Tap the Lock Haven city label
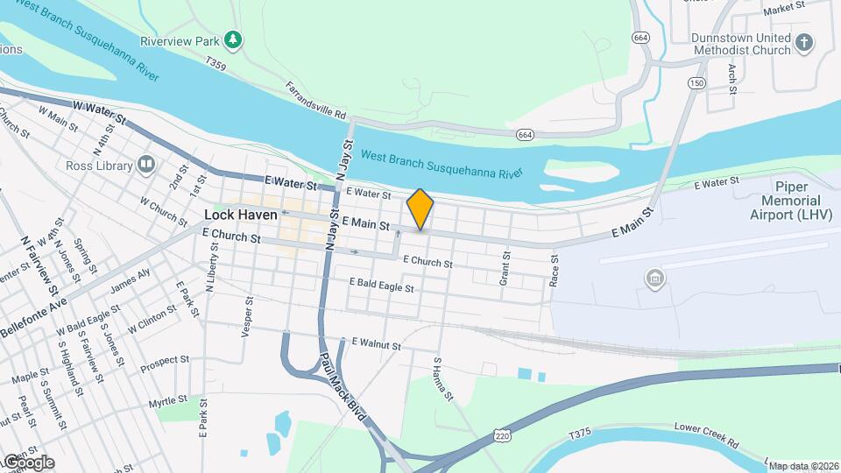tap(240, 215)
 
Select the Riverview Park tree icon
tap(232, 39)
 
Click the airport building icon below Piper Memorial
tap(654, 279)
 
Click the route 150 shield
tap(696, 83)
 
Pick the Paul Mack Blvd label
tap(341, 386)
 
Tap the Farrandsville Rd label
tap(316, 101)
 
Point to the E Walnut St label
tap(376, 344)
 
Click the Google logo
tap(29, 462)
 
